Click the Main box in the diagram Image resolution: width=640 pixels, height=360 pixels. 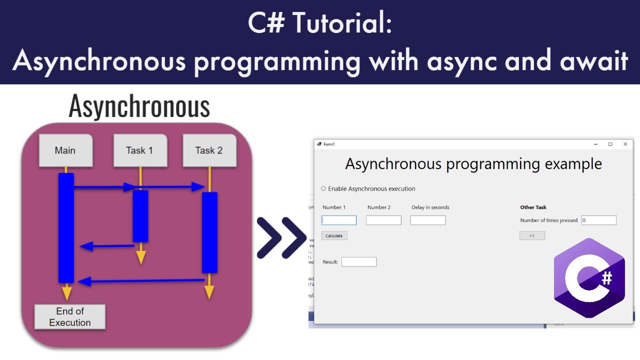point(65,150)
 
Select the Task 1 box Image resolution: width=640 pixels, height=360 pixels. point(140,150)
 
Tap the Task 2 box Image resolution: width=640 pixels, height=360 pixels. point(209,150)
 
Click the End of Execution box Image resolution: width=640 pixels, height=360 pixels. point(69,317)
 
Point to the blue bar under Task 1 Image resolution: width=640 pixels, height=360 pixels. point(140,216)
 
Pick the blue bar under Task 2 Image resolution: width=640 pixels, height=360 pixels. point(209,232)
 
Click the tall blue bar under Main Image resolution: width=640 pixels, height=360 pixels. point(66,227)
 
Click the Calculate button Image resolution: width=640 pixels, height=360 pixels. point(334,235)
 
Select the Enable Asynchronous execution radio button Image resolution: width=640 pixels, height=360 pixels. point(323,188)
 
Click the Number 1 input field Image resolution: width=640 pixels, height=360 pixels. point(339,220)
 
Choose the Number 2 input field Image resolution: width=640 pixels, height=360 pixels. point(383,220)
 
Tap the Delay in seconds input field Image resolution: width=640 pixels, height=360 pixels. point(427,220)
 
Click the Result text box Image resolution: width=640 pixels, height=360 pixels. point(358,262)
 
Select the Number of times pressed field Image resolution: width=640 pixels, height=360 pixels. point(598,220)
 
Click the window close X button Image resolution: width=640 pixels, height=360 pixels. point(625,144)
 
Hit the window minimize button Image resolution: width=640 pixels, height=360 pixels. point(595,144)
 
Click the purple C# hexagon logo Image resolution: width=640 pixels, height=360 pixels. point(589,278)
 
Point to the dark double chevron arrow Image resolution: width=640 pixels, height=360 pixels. point(281,238)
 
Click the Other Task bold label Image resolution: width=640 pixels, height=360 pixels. point(533,207)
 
